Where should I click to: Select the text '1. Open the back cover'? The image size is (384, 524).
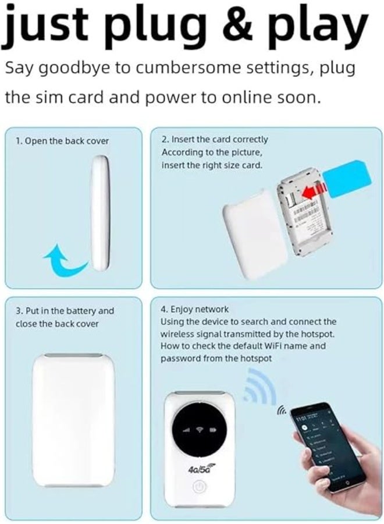62,141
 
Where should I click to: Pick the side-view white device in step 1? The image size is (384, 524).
99,213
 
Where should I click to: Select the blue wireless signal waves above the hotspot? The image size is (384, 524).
257,388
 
